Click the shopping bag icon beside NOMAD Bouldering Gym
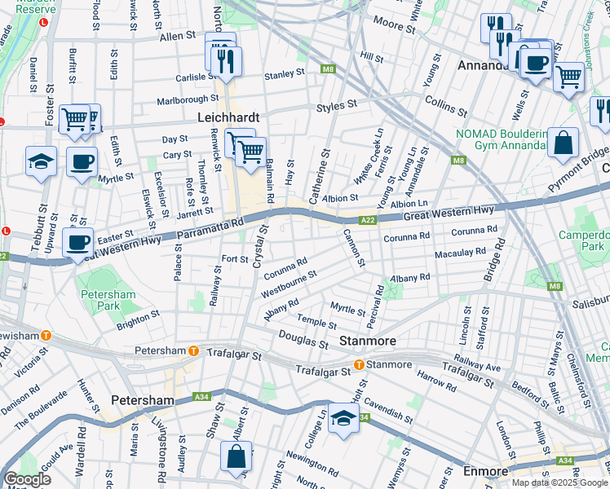tap(563, 143)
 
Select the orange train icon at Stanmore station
tap(358, 364)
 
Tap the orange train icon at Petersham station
tap(193, 351)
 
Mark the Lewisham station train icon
tap(46, 335)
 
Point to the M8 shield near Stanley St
tap(328, 70)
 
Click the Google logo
tap(27, 479)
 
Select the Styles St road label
tap(337, 105)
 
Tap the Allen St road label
tap(178, 37)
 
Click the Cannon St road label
tap(356, 249)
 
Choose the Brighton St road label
tap(138, 319)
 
